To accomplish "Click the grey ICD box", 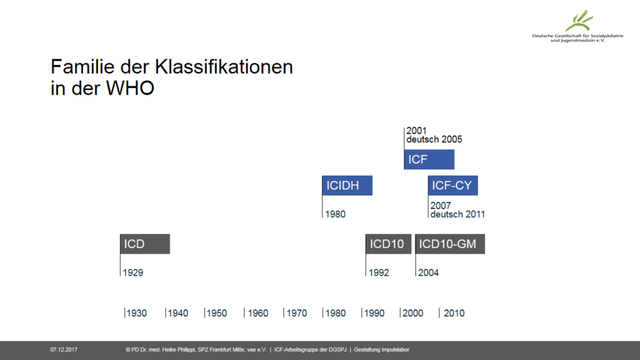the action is (145, 244).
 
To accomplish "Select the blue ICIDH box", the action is (347, 185).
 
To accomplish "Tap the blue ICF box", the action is (429, 159).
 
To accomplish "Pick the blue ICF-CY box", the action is (453, 185).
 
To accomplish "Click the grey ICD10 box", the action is (389, 244).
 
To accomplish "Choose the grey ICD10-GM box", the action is (450, 244).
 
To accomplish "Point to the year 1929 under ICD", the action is (133, 273).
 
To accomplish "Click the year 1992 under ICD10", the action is (379, 273).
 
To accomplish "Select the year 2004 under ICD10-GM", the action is (428, 273).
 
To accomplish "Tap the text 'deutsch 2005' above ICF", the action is (434, 140).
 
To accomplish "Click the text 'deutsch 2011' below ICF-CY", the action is (458, 214).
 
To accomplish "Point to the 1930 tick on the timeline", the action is (125, 313).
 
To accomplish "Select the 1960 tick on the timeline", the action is (244, 313).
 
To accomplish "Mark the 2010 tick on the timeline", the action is (439, 313).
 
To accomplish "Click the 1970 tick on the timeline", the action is (284, 313).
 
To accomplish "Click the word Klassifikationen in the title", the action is (224, 67).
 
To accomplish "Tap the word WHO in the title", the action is (130, 88).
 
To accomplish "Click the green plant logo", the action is (579, 20).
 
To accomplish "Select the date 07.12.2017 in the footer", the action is (64, 350).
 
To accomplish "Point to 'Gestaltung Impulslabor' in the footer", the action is (382, 350).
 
